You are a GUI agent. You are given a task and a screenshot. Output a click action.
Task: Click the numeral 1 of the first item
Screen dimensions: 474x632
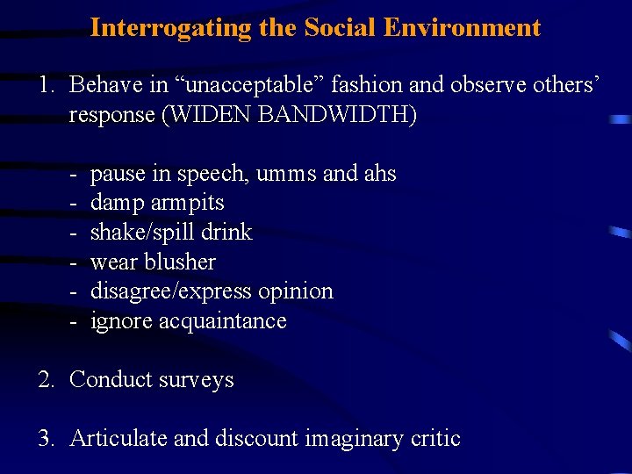click(x=44, y=85)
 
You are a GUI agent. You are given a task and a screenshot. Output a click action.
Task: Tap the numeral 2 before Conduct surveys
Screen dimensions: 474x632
click(x=44, y=379)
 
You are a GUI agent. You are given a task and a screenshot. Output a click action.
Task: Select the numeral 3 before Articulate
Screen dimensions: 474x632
click(x=44, y=438)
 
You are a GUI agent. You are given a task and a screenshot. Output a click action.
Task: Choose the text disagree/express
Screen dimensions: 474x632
click(x=169, y=291)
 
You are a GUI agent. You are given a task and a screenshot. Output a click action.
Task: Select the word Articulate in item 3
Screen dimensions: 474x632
click(x=118, y=438)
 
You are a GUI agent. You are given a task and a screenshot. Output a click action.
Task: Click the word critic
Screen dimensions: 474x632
click(x=435, y=438)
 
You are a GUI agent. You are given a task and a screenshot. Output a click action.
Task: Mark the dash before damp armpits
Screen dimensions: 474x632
click(x=75, y=203)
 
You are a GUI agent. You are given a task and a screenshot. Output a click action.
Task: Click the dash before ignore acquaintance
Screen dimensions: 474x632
click(x=75, y=320)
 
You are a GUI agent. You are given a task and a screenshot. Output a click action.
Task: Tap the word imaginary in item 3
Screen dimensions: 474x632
click(x=355, y=439)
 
